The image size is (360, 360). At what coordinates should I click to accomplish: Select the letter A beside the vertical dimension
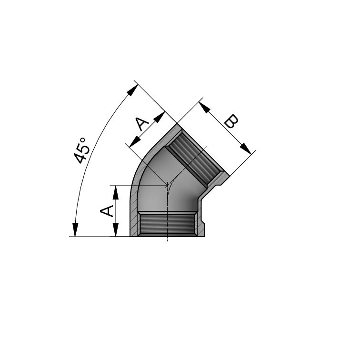pyautogui.click(x=107, y=211)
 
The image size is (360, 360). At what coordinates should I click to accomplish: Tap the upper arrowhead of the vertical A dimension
pyautogui.click(x=114, y=190)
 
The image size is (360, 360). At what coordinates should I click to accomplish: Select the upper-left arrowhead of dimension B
pyautogui.click(x=205, y=107)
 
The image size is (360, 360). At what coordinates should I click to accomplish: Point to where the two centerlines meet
pyautogui.click(x=167, y=185)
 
